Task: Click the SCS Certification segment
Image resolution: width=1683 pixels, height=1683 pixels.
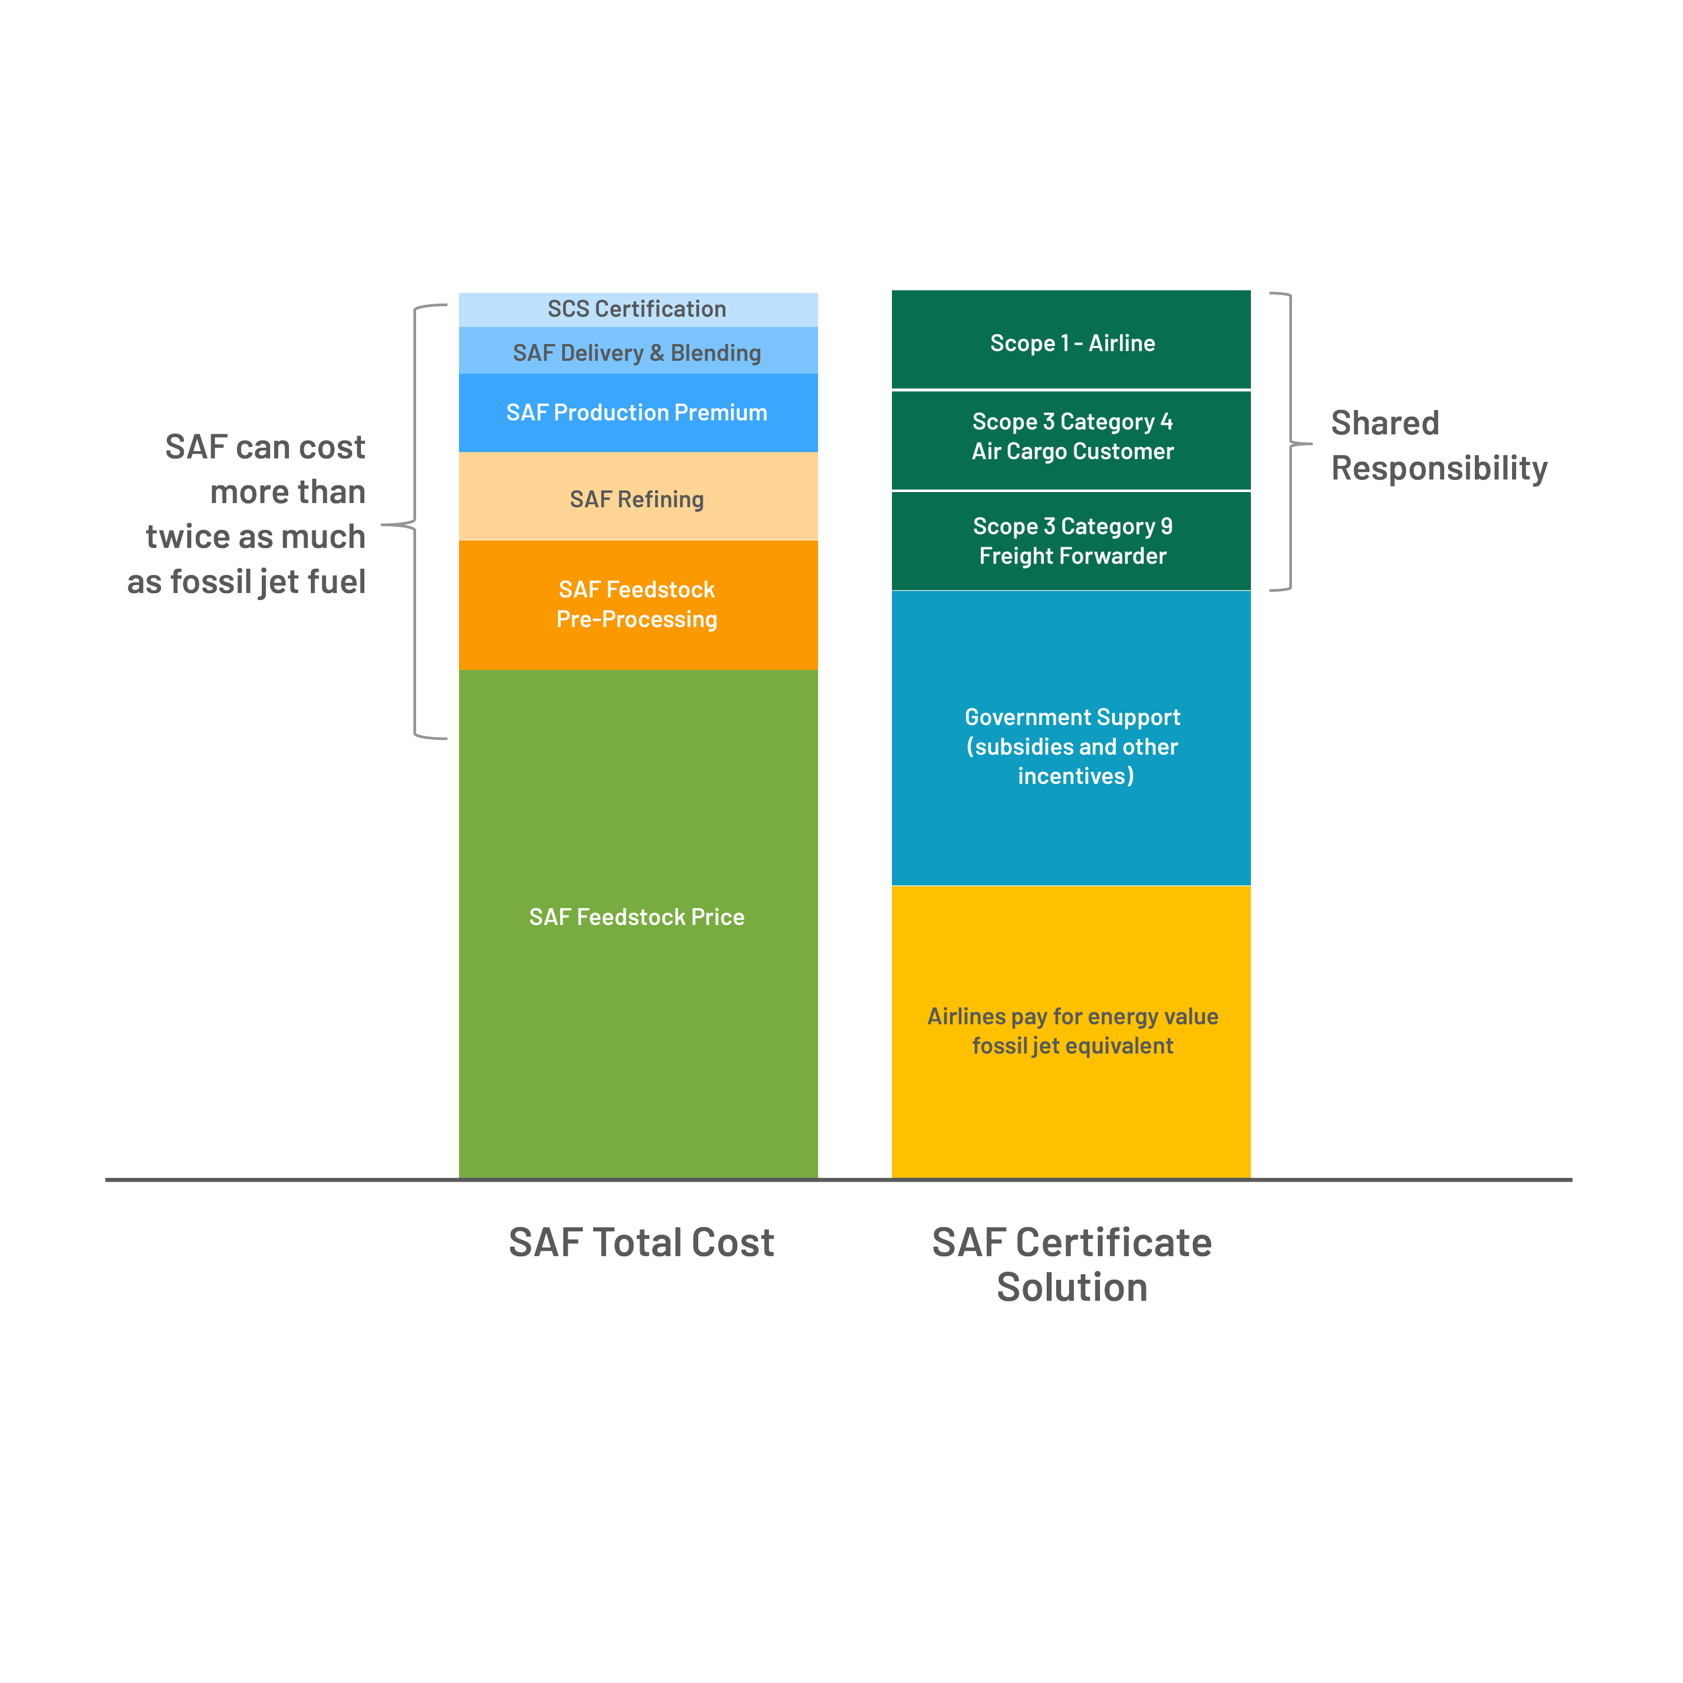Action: click(638, 309)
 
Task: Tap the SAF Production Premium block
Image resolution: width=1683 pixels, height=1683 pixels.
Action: click(638, 413)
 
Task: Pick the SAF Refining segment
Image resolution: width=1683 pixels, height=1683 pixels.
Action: click(638, 498)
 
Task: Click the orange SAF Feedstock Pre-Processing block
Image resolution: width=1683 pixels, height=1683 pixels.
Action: click(638, 605)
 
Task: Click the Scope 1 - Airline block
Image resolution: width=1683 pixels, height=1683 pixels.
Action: click(1072, 343)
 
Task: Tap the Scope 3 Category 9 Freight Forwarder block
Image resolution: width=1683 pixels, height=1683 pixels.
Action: click(1072, 541)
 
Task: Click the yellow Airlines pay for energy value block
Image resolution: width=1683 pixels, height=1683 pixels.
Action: click(1072, 1031)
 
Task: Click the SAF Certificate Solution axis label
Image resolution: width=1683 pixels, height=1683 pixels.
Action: click(1072, 1264)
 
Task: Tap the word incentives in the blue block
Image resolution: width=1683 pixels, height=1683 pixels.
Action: click(1076, 776)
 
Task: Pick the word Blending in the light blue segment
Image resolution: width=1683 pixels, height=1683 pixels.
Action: click(716, 353)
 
